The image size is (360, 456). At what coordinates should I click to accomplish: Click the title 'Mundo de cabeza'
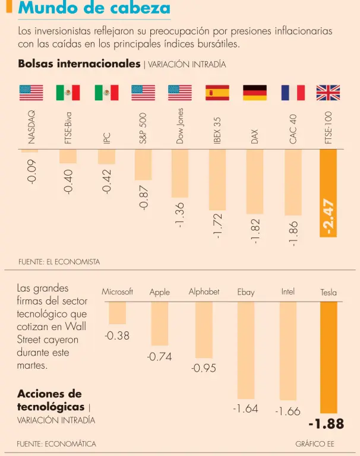(94, 8)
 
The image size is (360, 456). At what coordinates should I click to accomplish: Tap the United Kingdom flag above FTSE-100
(328, 93)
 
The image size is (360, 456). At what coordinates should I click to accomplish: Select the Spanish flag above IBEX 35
(217, 93)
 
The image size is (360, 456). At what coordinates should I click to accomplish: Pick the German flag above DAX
(254, 93)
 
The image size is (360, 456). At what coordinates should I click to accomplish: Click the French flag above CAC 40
(293, 93)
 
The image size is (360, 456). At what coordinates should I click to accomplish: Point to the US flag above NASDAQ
(31, 93)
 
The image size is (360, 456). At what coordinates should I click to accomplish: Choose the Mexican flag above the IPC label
(106, 93)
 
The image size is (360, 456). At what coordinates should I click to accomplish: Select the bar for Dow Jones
(179, 173)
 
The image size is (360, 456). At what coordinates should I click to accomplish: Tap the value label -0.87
(143, 197)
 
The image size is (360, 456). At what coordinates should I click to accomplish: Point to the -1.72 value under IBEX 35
(217, 226)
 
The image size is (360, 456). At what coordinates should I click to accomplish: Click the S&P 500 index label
(143, 128)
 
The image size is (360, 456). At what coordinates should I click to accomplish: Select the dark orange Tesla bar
(328, 357)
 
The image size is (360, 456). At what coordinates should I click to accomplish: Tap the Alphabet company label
(204, 292)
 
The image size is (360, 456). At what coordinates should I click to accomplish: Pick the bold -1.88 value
(326, 424)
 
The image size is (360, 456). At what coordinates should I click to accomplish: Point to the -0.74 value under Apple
(159, 357)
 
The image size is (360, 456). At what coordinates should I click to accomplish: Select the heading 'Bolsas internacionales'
(79, 64)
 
